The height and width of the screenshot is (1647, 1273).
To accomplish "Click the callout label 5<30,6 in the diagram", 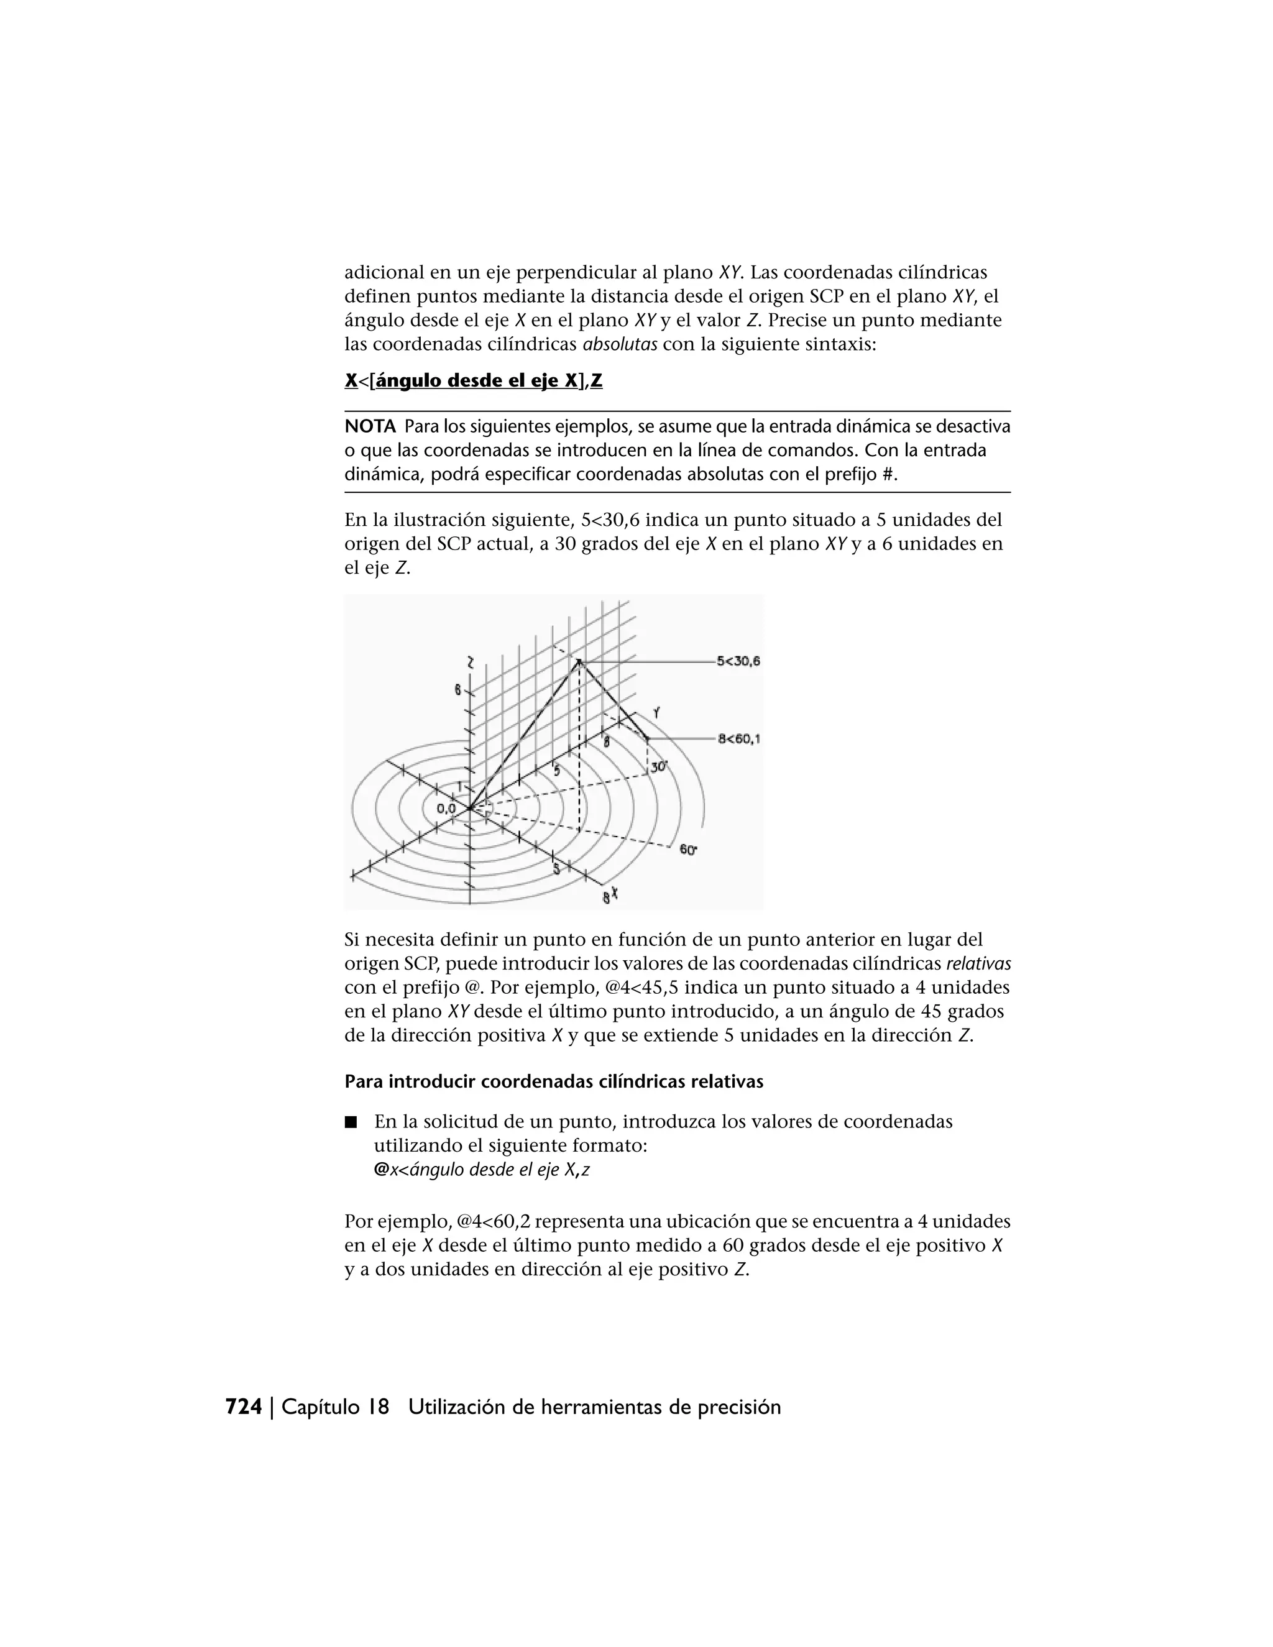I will pyautogui.click(x=738, y=661).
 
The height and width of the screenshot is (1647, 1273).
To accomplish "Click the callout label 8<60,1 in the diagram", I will pyautogui.click(x=738, y=739).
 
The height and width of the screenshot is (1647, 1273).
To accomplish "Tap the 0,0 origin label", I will pyautogui.click(x=446, y=809).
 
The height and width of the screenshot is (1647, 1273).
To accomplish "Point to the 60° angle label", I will pyautogui.click(x=688, y=850).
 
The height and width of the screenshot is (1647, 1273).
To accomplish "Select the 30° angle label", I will pyautogui.click(x=659, y=766).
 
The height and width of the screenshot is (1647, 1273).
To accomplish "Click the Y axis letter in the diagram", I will pyautogui.click(x=657, y=712).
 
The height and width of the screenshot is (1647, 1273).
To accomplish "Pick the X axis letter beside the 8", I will pyautogui.click(x=615, y=893).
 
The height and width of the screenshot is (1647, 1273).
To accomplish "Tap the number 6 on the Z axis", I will pyautogui.click(x=457, y=689).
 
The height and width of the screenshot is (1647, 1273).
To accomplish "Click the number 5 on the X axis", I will pyautogui.click(x=556, y=868).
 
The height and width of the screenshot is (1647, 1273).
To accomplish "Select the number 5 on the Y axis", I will pyautogui.click(x=556, y=771).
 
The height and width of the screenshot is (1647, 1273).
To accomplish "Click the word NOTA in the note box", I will pyautogui.click(x=370, y=427).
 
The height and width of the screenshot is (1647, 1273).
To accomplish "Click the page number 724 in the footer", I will pyautogui.click(x=244, y=1407).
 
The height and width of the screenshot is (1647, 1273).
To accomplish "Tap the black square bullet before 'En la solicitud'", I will pyautogui.click(x=350, y=1122).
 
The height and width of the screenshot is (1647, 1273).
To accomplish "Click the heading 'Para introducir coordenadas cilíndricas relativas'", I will pyautogui.click(x=554, y=1081).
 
